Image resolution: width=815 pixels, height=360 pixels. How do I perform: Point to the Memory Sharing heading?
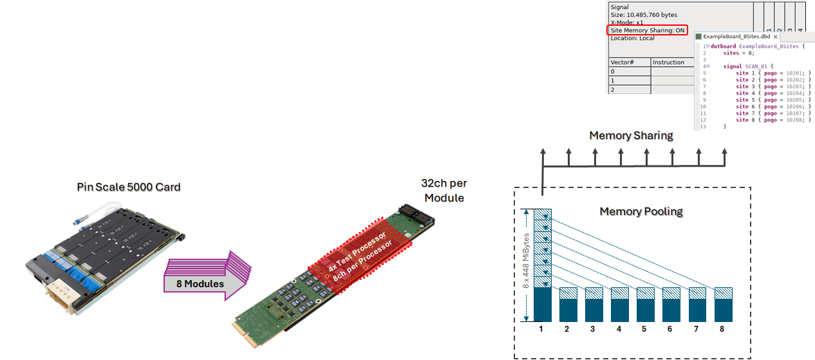631,136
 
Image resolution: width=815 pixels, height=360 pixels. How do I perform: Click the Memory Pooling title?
641,211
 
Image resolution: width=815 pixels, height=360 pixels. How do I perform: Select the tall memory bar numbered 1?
543,265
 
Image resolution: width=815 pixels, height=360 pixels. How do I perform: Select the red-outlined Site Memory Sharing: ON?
647,30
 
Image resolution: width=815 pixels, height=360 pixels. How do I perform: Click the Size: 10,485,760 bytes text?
643,15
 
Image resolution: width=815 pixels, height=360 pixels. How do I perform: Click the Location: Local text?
632,38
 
